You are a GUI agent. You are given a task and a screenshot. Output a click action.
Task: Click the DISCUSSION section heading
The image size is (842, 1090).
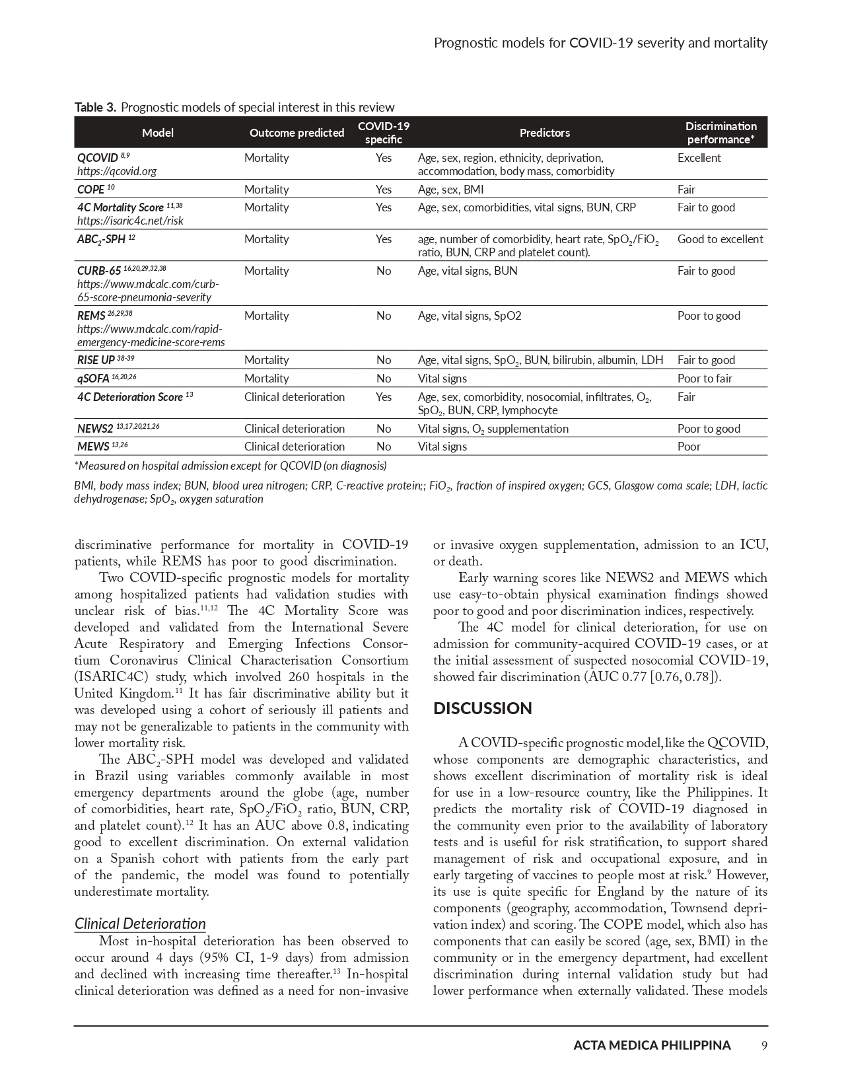483,709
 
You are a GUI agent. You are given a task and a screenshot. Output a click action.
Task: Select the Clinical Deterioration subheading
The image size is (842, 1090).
140,924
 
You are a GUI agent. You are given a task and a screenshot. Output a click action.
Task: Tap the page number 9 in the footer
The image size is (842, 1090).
764,1045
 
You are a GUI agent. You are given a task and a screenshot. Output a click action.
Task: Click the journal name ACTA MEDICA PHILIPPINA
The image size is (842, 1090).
652,1045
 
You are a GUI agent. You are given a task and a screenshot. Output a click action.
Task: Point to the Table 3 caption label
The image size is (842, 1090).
96,107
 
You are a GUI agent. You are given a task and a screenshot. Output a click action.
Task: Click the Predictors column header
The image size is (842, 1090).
545,133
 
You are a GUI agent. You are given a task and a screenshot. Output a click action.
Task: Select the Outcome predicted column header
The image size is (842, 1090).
297,133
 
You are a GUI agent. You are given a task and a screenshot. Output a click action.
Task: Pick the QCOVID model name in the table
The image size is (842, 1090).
97,158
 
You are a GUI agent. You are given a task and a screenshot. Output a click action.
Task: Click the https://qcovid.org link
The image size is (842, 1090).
117,171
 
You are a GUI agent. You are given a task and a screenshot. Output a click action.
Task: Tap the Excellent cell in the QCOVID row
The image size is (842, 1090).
699,158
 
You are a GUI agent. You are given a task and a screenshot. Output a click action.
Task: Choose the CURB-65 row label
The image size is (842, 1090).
99,271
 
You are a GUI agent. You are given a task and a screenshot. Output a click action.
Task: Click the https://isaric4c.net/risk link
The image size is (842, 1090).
130,221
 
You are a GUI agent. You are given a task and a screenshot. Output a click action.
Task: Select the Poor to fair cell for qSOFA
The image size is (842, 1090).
705,379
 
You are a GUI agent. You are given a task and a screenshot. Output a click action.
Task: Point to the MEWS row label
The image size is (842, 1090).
93,447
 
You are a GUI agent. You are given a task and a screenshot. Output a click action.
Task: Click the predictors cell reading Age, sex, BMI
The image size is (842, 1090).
450,190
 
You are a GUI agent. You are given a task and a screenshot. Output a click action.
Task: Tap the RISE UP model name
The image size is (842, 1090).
96,360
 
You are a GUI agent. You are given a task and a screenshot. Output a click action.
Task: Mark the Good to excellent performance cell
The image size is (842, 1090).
720,239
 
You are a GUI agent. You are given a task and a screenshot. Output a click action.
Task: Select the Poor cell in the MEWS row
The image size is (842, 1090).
689,447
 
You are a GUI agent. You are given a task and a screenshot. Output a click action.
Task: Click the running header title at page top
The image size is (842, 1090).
600,43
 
